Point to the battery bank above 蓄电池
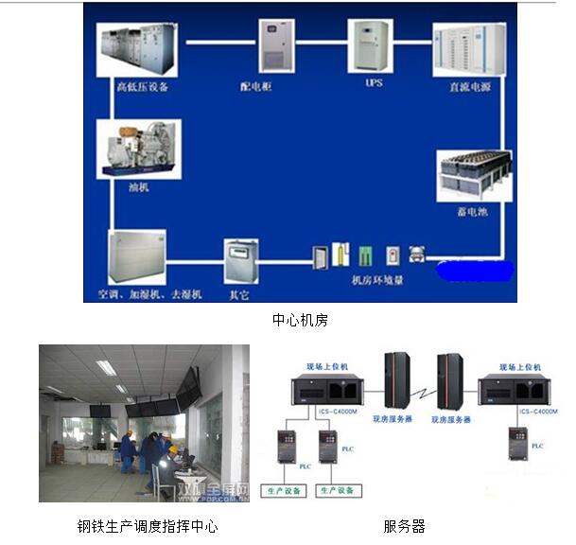474,175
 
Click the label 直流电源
466,86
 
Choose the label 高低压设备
142,87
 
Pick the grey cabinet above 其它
240,258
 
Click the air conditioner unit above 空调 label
137,255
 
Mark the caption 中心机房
300,321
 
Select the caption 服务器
404,526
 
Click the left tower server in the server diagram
396,379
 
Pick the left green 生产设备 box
284,490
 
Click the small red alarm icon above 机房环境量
392,255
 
